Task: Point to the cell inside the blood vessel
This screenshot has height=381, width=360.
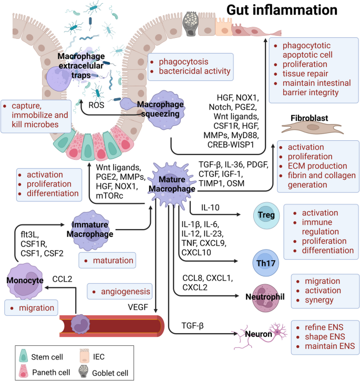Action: [x=82, y=322]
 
